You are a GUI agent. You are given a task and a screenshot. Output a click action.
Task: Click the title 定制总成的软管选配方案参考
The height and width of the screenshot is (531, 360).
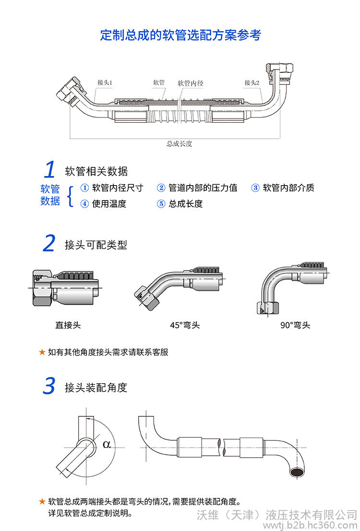click(180, 35)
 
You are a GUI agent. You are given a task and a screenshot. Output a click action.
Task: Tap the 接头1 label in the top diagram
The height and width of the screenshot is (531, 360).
click(104, 83)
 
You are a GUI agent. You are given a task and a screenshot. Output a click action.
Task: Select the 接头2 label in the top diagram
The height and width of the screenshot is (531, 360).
click(252, 83)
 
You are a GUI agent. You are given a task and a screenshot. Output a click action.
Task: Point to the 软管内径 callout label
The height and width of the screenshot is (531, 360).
click(191, 83)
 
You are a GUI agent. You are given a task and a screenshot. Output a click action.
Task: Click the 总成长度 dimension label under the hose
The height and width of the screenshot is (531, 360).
click(179, 143)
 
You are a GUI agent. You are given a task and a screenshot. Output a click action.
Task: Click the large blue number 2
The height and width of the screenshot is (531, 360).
click(49, 244)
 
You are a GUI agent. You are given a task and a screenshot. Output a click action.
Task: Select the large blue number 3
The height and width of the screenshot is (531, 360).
click(49, 386)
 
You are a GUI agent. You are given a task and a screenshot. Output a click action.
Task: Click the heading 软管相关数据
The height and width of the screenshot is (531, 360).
click(96, 171)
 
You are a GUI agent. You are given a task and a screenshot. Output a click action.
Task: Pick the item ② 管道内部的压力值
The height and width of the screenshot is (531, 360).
click(197, 188)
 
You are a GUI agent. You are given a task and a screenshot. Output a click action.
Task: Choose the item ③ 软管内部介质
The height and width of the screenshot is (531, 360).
click(283, 188)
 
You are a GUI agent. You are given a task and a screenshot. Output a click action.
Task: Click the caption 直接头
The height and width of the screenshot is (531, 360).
click(68, 325)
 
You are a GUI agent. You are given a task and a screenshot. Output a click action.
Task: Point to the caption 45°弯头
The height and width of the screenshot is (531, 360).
click(185, 325)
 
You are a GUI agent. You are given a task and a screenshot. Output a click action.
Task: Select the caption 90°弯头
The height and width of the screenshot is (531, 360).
click(295, 325)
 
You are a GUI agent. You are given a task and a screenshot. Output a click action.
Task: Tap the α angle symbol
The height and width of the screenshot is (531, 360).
click(107, 444)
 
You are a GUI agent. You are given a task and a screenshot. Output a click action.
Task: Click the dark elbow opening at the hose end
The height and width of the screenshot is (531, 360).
click(297, 473)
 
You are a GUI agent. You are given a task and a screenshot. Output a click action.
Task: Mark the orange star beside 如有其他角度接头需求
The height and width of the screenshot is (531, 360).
click(42, 352)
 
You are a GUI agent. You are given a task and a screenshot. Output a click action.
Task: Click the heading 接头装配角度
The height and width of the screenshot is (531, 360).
click(96, 388)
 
